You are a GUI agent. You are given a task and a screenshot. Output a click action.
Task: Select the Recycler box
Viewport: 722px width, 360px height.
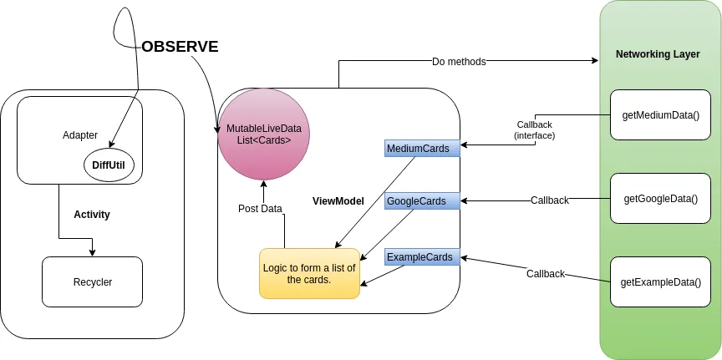pos(92,281)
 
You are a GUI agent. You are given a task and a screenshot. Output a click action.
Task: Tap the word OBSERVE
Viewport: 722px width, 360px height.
pos(180,47)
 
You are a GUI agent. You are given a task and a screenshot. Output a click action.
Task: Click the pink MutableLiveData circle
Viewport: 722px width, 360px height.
pos(264,134)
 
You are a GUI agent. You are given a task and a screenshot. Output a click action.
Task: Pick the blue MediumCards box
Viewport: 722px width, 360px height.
pos(422,149)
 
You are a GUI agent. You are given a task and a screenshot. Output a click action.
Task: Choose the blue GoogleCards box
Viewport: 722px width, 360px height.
pos(422,200)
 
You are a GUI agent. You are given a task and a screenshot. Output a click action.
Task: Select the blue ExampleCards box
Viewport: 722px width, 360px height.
pos(422,257)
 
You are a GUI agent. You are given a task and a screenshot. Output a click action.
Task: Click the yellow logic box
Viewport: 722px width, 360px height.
pos(309,273)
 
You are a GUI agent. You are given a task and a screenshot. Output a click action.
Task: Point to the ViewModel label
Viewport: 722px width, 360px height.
pos(338,201)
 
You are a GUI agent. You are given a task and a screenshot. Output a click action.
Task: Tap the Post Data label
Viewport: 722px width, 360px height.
pos(260,208)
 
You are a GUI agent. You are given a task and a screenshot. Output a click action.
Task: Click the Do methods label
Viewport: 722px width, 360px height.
pos(459,61)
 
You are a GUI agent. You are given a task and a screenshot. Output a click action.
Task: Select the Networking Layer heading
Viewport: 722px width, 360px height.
pos(658,54)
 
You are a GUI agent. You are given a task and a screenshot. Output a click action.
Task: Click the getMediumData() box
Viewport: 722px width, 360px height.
pos(660,114)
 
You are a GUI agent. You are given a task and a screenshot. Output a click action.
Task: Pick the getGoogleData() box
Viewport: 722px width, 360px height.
pos(660,199)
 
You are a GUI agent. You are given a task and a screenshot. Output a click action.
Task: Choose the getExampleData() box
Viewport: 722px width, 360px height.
pos(660,282)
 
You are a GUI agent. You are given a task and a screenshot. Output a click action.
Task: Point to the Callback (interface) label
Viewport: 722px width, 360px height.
pos(535,129)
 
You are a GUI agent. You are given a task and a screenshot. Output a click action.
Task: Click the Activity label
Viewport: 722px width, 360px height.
pos(92,215)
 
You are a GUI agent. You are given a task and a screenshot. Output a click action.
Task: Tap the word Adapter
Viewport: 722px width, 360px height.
pos(80,134)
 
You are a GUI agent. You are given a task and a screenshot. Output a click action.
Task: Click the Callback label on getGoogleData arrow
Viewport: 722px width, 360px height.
pos(550,200)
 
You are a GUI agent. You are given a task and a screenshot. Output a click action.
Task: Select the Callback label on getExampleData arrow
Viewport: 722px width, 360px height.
pos(546,274)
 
